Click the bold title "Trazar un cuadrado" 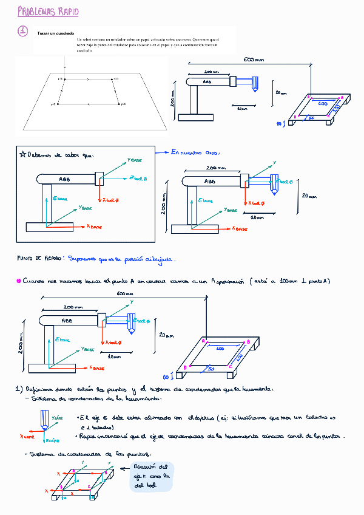56,33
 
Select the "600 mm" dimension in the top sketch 254,60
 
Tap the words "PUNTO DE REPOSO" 38,258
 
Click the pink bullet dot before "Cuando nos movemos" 18,281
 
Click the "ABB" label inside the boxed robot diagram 64,179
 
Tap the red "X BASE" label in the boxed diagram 94,226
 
